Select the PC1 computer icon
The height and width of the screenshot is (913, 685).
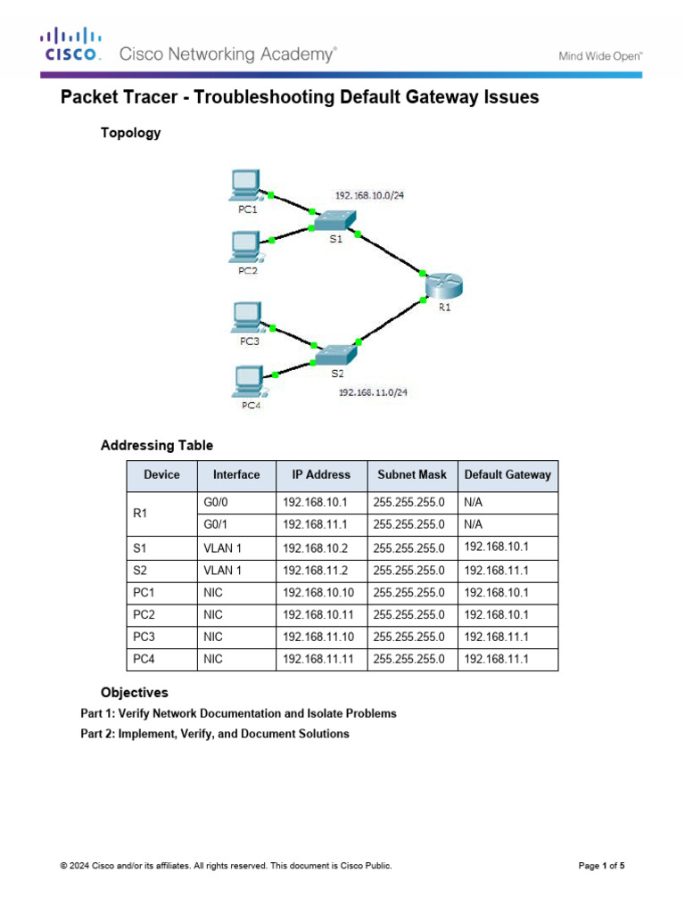click(243, 185)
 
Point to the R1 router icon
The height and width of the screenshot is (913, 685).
click(442, 285)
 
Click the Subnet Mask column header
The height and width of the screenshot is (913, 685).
click(412, 475)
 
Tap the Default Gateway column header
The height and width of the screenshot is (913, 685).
click(508, 475)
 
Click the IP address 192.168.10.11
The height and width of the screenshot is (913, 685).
click(317, 614)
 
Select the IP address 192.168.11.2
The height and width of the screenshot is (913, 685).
click(313, 570)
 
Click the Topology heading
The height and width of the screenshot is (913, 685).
click(130, 133)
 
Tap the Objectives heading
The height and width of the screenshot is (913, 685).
click(134, 692)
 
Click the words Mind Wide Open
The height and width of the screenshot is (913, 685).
click(600, 55)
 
